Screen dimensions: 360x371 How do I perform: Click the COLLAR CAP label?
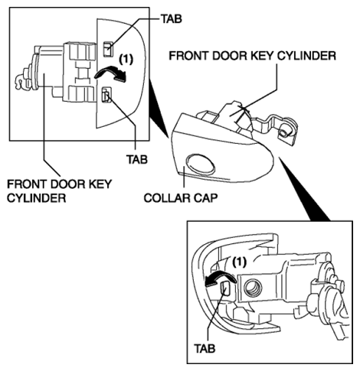click(x=181, y=198)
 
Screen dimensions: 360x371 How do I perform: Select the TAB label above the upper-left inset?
click(x=172, y=18)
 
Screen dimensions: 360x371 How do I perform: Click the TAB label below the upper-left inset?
click(x=137, y=159)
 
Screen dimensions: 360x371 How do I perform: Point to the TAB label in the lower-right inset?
click(x=205, y=348)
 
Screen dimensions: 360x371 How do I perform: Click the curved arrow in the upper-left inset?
click(x=111, y=73)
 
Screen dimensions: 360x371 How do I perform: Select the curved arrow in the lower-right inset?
click(x=220, y=278)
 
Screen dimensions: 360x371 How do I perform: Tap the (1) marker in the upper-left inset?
click(x=126, y=60)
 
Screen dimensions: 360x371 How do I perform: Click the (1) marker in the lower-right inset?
click(x=239, y=262)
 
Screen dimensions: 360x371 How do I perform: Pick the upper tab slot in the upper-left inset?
click(x=108, y=48)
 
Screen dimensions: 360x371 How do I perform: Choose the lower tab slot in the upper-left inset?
click(x=106, y=95)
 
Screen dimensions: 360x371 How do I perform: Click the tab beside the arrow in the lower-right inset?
click(x=226, y=288)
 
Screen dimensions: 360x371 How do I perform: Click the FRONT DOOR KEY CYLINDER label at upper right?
click(x=252, y=56)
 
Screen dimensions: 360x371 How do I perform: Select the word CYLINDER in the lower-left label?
click(x=36, y=198)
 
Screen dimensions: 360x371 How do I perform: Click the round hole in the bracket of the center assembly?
click(x=283, y=132)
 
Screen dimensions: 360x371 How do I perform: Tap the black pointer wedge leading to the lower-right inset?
click(x=304, y=189)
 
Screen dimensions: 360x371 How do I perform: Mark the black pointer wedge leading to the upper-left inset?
click(x=159, y=109)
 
